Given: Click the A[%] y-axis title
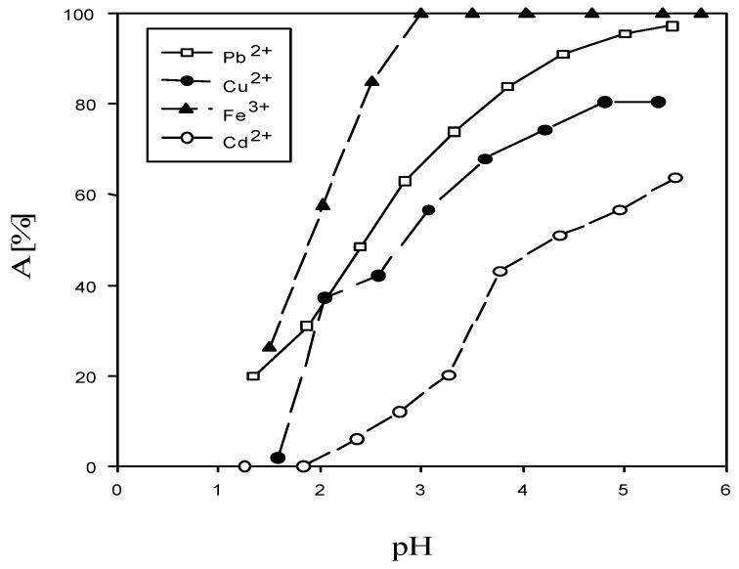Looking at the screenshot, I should (25, 241).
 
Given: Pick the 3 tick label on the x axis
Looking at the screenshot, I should (421, 490).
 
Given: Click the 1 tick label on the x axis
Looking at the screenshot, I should (219, 490).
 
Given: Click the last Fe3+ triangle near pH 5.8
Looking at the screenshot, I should (701, 14).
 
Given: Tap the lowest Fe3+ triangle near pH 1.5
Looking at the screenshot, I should (270, 346).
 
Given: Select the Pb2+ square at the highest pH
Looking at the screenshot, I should (672, 26).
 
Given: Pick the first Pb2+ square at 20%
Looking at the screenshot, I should (253, 376).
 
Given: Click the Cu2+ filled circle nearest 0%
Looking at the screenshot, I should (278, 458).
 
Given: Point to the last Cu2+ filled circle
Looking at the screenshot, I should (658, 103).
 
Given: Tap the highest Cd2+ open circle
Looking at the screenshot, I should (674, 178).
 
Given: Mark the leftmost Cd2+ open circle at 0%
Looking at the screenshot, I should (244, 466).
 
